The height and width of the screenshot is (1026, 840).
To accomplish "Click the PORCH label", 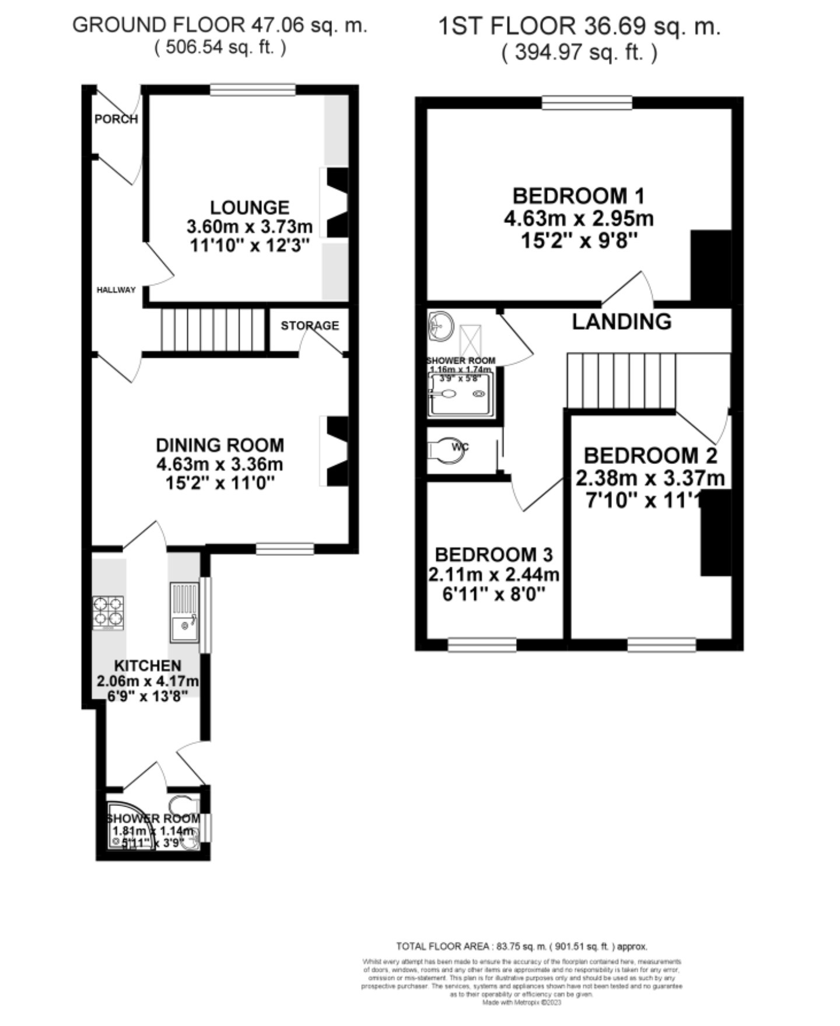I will click(x=116, y=119).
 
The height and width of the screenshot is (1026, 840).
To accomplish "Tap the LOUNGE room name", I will click(x=249, y=207).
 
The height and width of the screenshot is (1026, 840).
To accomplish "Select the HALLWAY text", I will click(x=116, y=290).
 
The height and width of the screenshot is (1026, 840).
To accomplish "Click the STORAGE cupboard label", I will click(x=310, y=326).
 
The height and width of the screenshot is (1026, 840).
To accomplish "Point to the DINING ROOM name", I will click(x=220, y=445).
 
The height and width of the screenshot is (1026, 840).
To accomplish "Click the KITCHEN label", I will click(x=148, y=665).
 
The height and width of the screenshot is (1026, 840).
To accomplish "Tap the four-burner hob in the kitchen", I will click(x=108, y=611).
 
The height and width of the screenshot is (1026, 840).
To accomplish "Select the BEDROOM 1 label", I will click(x=578, y=196).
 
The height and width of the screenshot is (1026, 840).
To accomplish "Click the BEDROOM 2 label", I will click(x=650, y=456).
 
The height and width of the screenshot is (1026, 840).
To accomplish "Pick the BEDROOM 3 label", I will click(x=494, y=554).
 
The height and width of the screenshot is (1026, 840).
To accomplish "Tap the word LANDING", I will click(x=621, y=322).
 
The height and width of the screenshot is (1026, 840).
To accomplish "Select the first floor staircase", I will click(x=621, y=381).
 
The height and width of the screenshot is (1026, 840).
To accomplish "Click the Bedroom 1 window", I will click(x=587, y=103).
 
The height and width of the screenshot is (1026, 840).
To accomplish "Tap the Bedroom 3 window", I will click(x=482, y=644).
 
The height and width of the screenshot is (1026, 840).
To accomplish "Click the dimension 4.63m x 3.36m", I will click(x=220, y=465).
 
